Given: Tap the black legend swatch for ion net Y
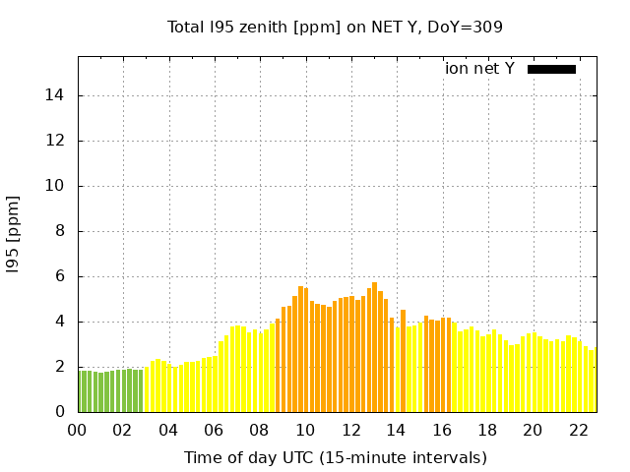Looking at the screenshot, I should [551, 69].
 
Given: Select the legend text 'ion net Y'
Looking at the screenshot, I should [479, 69].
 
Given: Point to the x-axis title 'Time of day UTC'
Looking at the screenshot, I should [336, 457].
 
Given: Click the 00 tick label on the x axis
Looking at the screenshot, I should [78, 430].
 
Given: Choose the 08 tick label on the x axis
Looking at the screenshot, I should [260, 430].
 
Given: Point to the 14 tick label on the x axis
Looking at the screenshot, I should [396, 430].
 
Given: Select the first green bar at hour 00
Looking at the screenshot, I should [81, 391].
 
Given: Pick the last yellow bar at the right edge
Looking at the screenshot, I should [593, 381].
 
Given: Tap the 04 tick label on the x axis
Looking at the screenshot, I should [168, 430].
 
